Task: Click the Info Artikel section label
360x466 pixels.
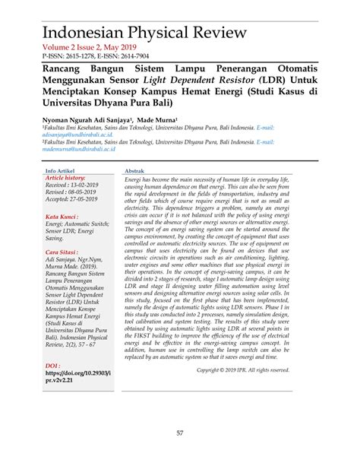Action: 61,172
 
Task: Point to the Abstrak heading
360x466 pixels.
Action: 134,172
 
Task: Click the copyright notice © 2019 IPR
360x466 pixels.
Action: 243,370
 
